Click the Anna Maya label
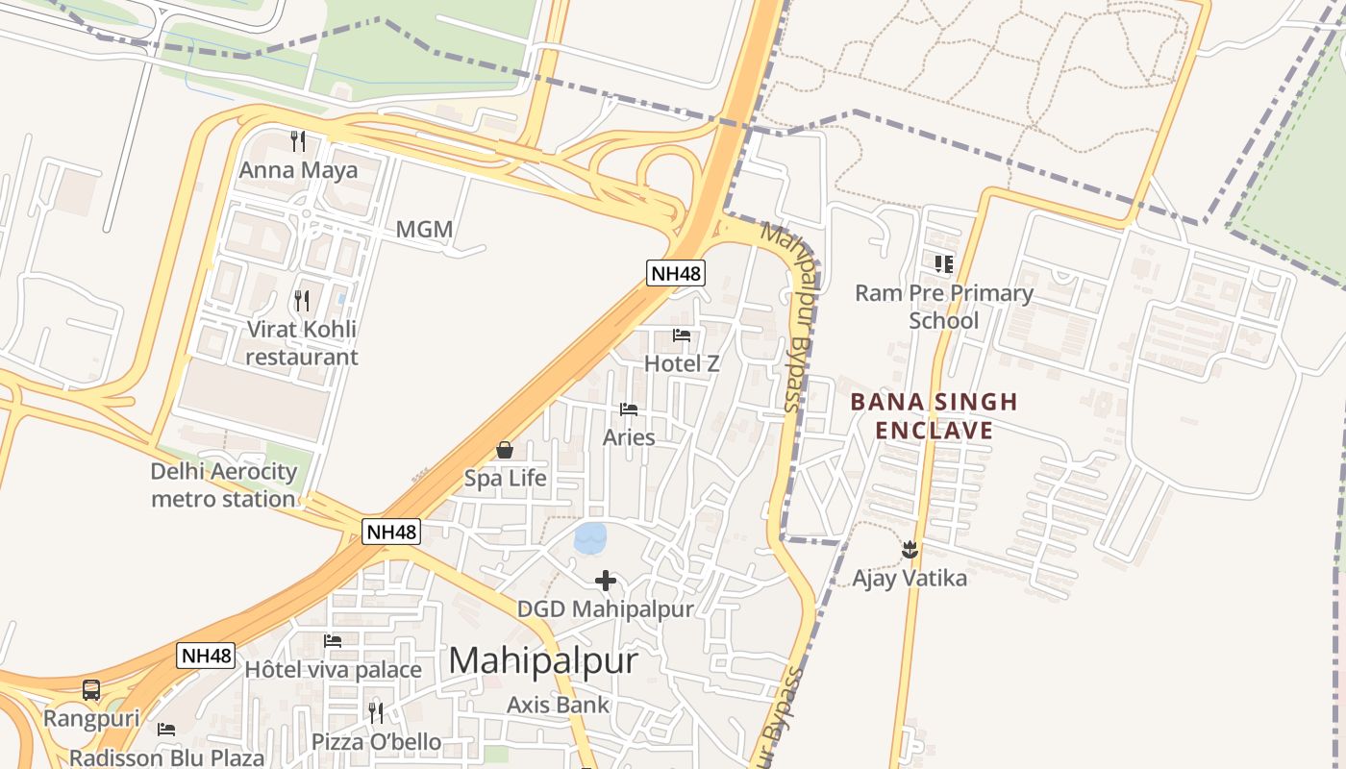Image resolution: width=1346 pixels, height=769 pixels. coord(298,170)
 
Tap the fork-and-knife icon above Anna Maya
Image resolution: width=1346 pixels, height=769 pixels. coord(298,141)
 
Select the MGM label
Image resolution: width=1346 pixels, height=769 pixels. coord(424,230)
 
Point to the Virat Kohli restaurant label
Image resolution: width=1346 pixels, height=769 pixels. coord(302,342)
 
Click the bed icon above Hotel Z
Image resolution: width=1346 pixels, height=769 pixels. coord(682,335)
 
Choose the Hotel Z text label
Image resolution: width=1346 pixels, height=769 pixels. coord(682,363)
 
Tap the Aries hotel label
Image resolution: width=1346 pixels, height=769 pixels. coord(629,437)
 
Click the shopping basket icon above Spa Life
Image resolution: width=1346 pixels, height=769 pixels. coord(505,449)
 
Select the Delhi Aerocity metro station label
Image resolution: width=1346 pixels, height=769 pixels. coord(224,485)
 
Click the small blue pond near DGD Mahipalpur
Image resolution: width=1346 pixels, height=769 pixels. coord(590,537)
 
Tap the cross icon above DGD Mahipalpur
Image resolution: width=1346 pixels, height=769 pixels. coord(606,580)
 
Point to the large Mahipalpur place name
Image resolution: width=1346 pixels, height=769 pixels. coord(543,660)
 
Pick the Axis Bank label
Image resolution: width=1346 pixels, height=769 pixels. coord(558,705)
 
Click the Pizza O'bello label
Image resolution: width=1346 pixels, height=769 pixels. coord(376,742)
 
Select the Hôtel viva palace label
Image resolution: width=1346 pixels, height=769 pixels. coord(333,669)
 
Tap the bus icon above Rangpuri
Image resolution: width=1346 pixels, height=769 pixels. coord(91,689)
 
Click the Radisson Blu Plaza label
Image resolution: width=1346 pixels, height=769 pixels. coord(166,757)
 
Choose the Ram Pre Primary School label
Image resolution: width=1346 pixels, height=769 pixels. coord(944,307)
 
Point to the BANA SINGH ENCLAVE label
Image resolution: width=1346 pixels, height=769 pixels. coord(934,415)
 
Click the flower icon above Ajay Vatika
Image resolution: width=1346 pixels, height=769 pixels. coord(910,550)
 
